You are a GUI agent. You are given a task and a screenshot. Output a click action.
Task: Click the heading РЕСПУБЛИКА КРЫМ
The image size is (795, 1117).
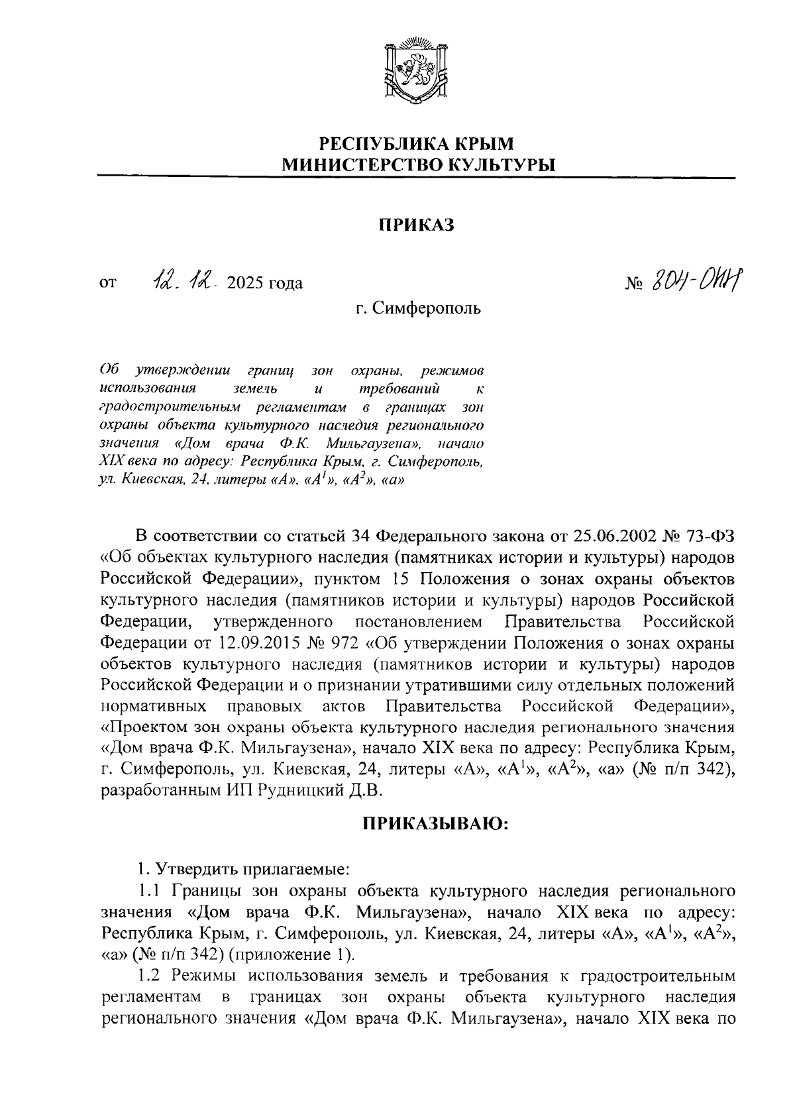click(416, 143)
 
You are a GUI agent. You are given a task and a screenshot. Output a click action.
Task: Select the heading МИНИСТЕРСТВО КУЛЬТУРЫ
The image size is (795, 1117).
click(416, 164)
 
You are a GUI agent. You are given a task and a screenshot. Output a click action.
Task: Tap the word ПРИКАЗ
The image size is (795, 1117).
click(416, 225)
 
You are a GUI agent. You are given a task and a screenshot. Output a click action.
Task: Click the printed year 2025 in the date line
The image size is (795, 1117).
click(245, 284)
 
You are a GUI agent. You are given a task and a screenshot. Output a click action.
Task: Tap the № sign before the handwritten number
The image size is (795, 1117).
click(635, 284)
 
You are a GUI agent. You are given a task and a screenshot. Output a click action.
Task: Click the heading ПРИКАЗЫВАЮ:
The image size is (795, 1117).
click(435, 824)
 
